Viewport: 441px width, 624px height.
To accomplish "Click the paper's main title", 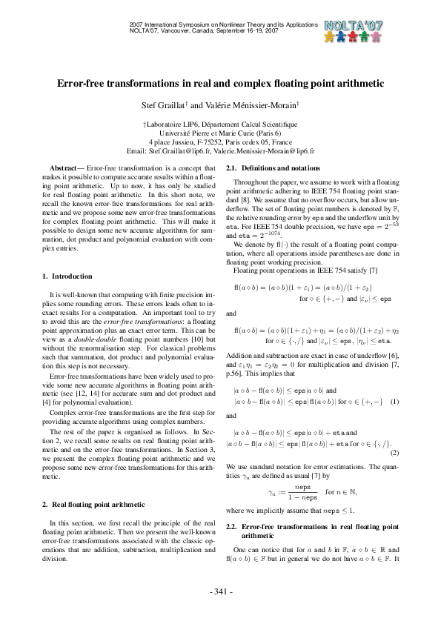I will (x=220, y=84).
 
